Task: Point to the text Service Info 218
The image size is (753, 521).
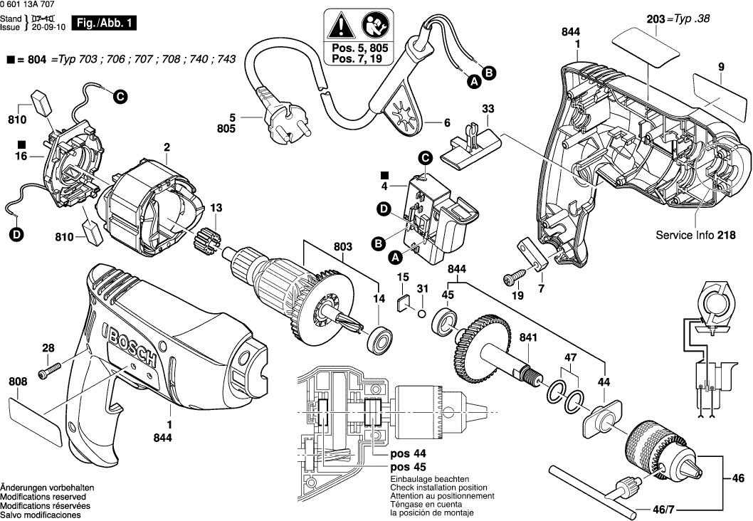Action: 695,235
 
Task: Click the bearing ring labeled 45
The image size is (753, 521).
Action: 446,321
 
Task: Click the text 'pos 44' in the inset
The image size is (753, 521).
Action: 409,453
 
